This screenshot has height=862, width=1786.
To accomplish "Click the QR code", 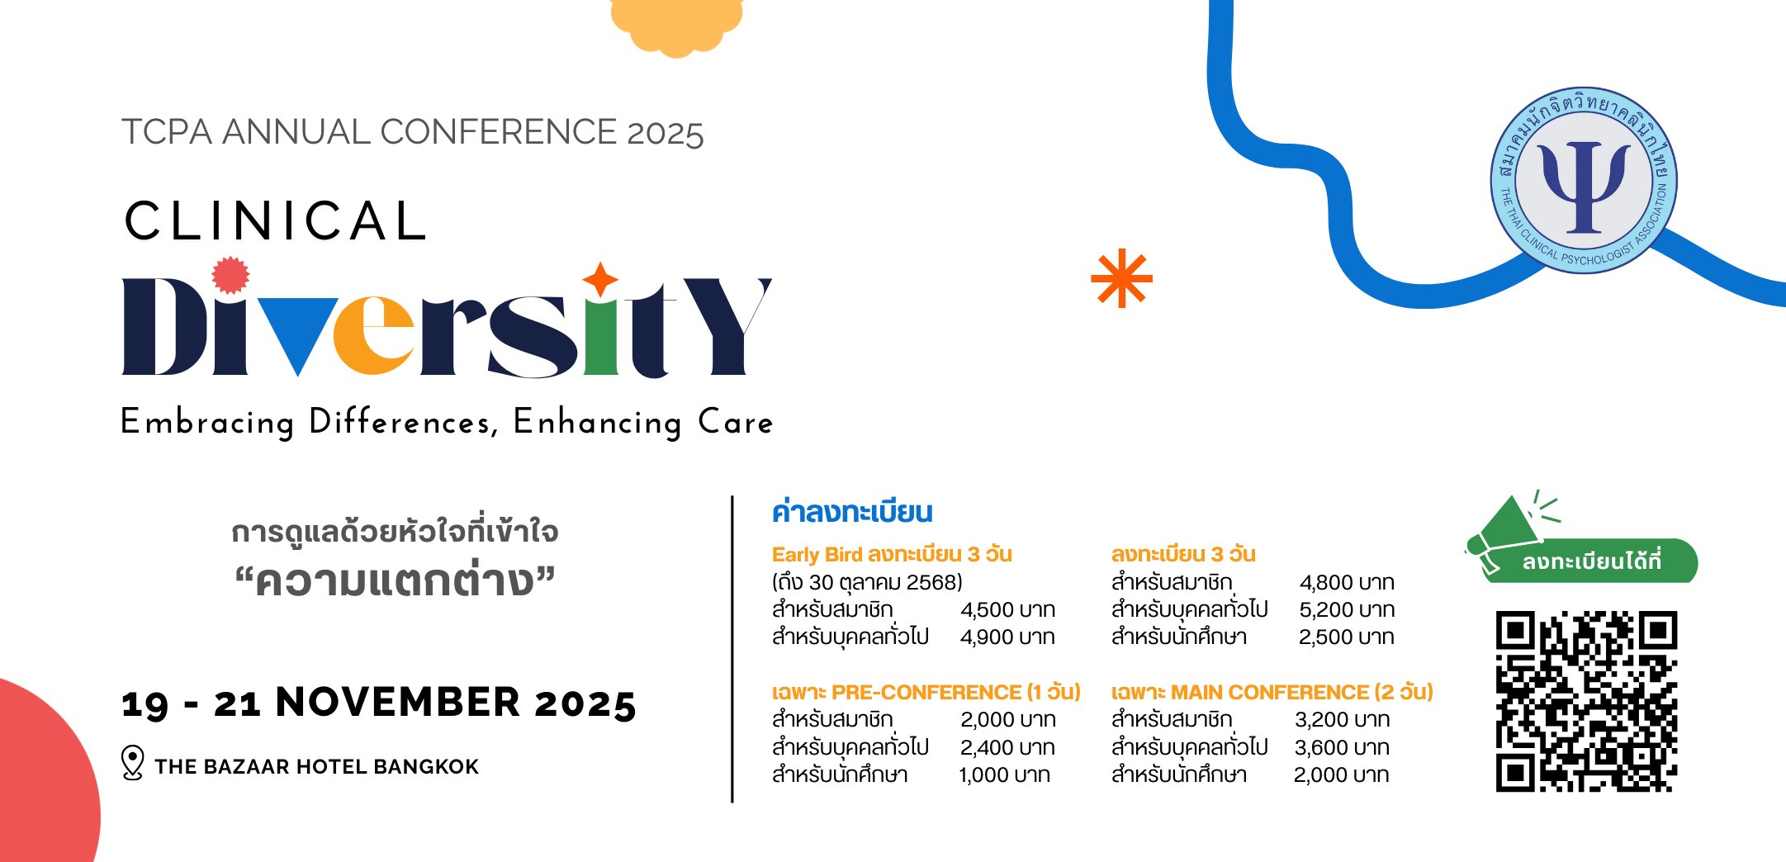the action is [x=1586, y=701].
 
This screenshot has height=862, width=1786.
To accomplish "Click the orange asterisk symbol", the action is [x=1121, y=278].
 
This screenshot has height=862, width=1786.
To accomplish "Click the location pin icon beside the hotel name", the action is [x=132, y=763].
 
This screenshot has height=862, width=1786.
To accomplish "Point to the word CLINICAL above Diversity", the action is [x=276, y=221].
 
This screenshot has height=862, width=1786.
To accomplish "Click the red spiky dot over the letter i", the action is [x=230, y=276].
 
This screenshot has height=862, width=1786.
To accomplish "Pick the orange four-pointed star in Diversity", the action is [x=600, y=280].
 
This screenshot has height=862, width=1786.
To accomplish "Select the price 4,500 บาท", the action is [x=1007, y=610].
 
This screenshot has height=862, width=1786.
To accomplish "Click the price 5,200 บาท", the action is [x=1347, y=610].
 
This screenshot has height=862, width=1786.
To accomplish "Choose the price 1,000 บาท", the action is [x=1005, y=775].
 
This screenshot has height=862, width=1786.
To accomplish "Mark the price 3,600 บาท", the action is [x=1342, y=748].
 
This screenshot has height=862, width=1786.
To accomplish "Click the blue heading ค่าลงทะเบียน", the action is [x=852, y=512].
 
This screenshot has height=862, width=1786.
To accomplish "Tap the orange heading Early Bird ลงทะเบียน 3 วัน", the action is [x=892, y=554].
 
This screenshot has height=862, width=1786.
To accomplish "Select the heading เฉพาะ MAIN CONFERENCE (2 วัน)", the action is [x=1272, y=692].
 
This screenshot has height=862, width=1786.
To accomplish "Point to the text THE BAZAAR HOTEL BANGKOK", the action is [x=316, y=767].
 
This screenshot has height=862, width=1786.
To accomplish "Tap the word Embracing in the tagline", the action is [x=207, y=422].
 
